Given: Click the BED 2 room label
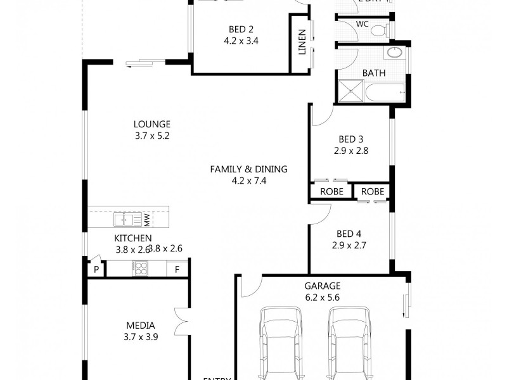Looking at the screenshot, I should coord(240,28).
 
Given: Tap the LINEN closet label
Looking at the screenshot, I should coord(302,42).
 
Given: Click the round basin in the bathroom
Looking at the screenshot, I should coord(395,53).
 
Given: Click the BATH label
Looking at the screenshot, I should coord(373,73).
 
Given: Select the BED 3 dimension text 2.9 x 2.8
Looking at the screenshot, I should coord(350,151).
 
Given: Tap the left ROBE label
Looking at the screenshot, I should coord(331,191).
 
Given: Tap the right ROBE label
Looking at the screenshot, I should coord(372,191).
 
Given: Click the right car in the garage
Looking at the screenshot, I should coord(348,342).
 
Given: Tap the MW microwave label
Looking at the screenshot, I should coord(146,220).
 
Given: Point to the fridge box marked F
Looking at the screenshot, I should coord(177,269).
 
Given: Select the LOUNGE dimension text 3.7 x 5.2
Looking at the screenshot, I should coord(151,136).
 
